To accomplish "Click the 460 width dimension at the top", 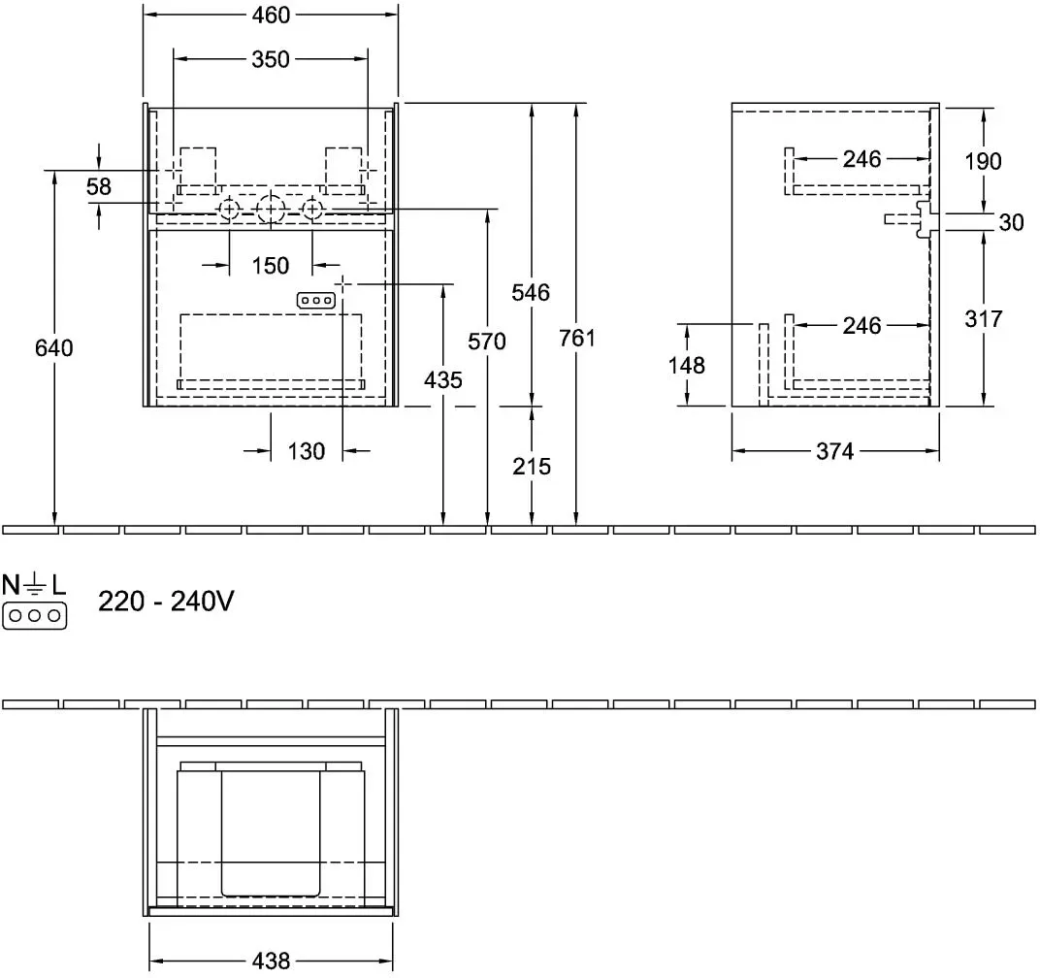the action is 271,15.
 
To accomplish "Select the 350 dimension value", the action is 271,60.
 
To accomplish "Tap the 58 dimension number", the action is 99,186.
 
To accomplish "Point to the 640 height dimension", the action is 53,347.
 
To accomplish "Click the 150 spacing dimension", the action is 271,266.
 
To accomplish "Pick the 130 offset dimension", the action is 306,451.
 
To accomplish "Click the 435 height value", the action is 443,380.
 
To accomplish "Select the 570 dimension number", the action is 487,342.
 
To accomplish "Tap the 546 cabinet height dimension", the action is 531,293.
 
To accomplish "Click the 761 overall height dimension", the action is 577,339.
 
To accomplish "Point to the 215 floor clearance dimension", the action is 532,467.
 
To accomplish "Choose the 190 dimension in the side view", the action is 983,161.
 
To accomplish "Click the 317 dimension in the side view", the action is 983,319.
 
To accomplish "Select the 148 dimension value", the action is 687,366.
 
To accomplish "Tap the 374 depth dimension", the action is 835,451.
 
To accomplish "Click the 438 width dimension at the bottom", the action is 272,961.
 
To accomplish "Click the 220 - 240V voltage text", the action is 166,602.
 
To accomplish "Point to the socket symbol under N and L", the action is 35,616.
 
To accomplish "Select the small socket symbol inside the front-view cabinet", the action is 315,301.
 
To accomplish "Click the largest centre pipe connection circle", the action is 270,210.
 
